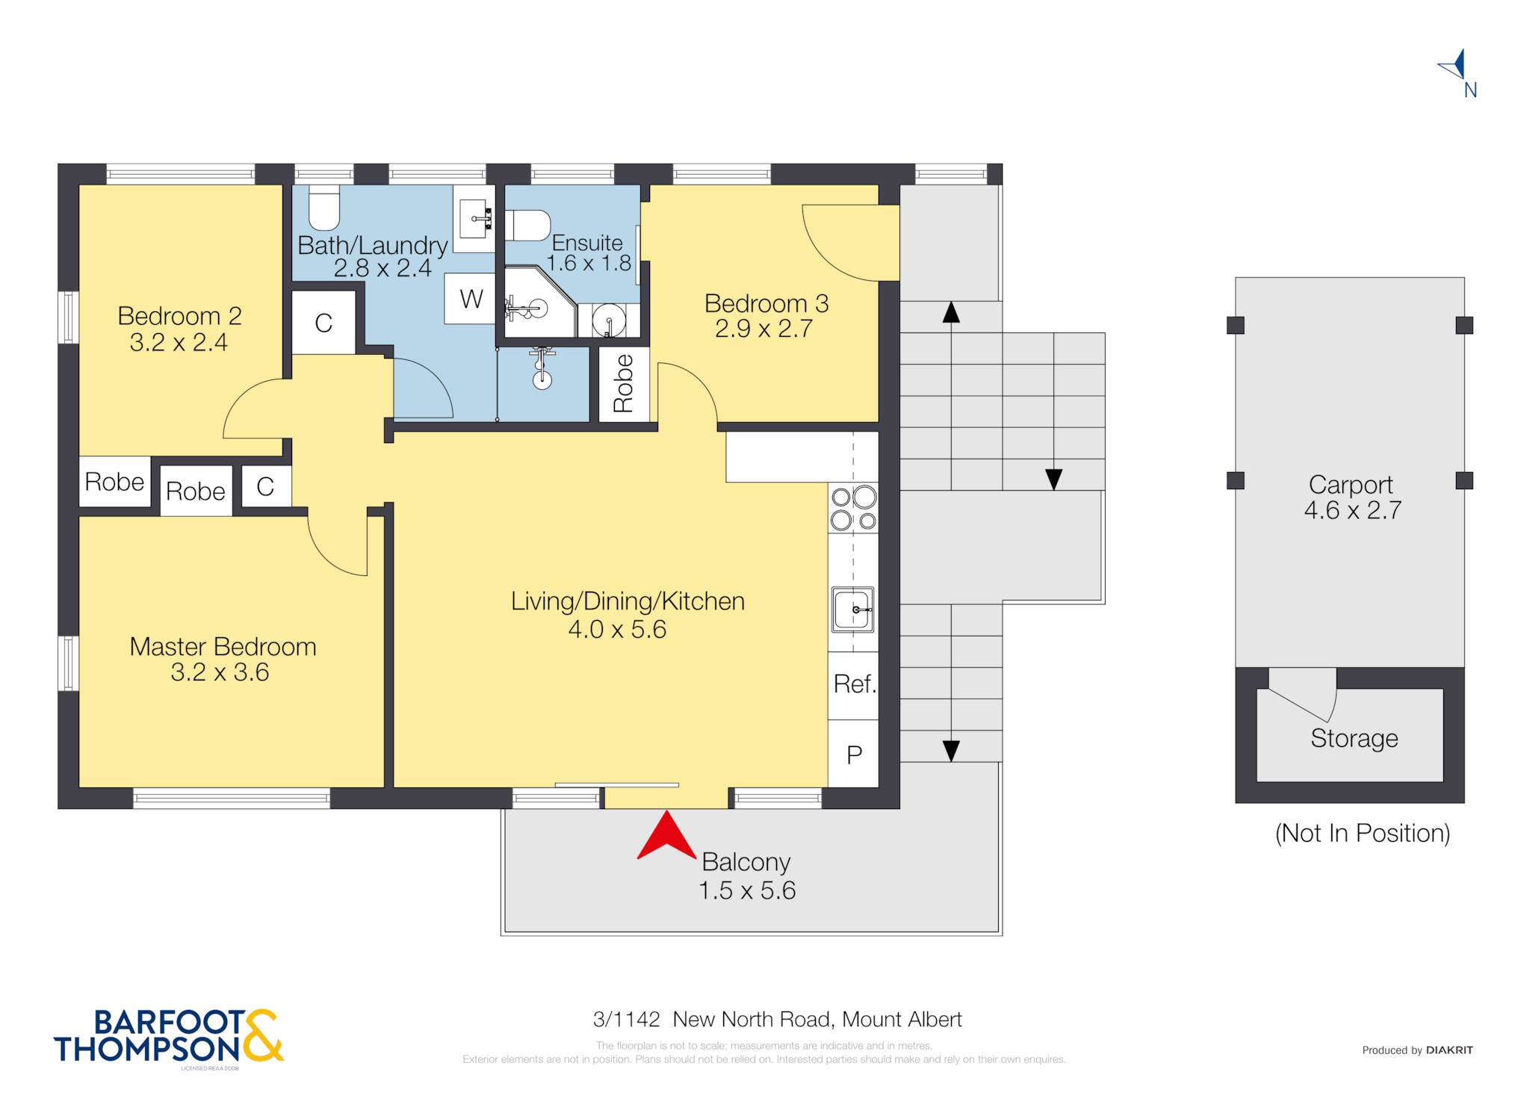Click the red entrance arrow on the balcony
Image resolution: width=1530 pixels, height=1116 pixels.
(666, 838)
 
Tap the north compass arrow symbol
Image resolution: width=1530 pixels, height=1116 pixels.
(1454, 66)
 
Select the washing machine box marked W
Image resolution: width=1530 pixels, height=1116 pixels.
(470, 299)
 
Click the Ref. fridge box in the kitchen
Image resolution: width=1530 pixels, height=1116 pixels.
(853, 685)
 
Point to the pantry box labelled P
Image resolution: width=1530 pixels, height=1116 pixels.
(853, 754)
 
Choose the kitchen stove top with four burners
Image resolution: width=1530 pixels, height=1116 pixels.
(853, 509)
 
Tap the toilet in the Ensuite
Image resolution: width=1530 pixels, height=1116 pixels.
(527, 226)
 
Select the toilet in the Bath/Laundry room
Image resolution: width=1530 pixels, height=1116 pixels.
(324, 207)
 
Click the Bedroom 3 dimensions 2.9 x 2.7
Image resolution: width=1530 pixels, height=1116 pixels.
(764, 329)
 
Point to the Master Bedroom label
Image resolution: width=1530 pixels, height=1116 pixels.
(223, 646)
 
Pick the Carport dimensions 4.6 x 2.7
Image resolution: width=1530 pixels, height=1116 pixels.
(1352, 510)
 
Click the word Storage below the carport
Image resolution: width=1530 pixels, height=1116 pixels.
(1354, 738)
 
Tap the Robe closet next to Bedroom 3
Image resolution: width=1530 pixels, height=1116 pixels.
(624, 384)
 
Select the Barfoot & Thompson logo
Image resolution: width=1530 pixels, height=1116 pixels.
(169, 1037)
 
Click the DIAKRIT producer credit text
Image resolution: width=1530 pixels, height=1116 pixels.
(1449, 1050)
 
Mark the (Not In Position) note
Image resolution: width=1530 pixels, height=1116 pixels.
(1362, 833)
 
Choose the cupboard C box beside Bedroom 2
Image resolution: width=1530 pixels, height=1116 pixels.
(323, 323)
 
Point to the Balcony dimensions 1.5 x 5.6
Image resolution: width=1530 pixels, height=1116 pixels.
(747, 890)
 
